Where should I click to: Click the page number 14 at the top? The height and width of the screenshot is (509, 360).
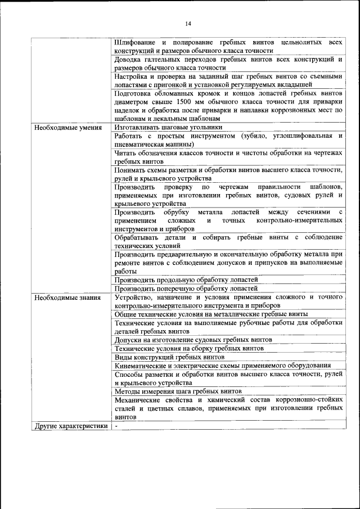click(x=188, y=24)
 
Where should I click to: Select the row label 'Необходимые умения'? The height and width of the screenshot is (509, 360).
click(x=68, y=128)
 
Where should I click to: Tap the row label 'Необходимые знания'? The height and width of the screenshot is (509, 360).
click(x=67, y=297)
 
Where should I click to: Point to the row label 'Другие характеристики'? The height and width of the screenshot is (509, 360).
click(x=71, y=426)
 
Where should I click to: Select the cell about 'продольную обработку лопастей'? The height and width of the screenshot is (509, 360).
click(x=186, y=280)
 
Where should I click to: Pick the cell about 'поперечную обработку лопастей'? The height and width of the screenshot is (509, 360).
click(x=186, y=288)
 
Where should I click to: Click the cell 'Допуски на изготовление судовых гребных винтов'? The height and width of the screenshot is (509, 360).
click(x=193, y=340)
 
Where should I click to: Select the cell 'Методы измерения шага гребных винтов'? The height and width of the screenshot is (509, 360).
click(x=178, y=391)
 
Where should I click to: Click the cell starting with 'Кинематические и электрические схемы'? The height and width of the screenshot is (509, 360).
click(x=222, y=366)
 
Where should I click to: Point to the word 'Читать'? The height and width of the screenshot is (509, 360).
click(x=126, y=153)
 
